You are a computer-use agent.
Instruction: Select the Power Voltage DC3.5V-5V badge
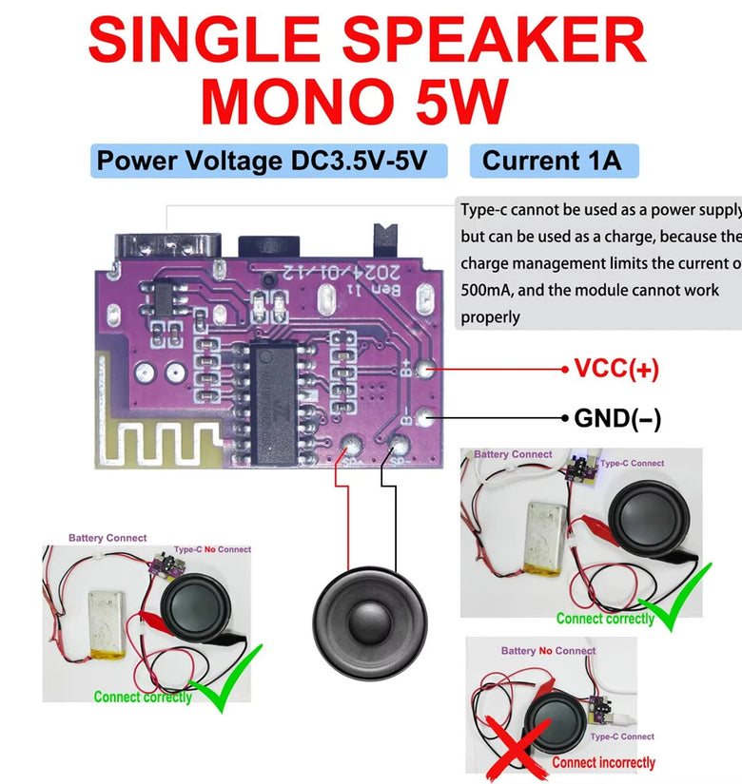click(269, 161)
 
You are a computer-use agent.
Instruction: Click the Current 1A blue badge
click(553, 161)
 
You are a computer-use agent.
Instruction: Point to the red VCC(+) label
click(615, 369)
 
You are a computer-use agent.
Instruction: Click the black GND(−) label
click(617, 418)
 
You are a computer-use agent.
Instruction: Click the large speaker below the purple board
click(370, 622)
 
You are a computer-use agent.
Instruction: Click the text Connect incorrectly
click(603, 762)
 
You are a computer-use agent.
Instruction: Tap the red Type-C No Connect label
click(212, 549)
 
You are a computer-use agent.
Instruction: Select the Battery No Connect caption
click(549, 651)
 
